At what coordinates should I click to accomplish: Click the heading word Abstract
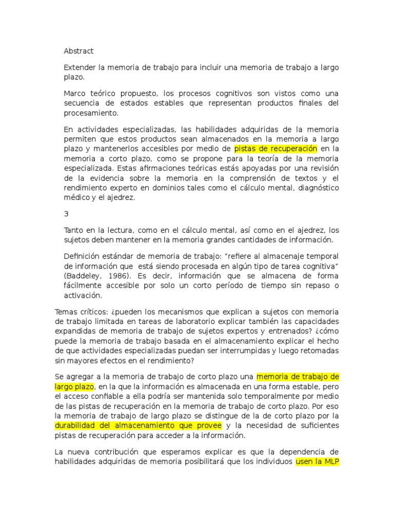point(78,51)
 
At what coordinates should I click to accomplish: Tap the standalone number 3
point(66,214)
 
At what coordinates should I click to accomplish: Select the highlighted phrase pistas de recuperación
point(276,149)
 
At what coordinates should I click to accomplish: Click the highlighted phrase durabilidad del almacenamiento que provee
point(138,426)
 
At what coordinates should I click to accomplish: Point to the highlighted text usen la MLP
point(317,461)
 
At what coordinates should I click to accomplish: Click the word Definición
point(83,256)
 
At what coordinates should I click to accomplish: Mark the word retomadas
point(319,351)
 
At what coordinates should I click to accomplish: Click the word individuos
point(272,461)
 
